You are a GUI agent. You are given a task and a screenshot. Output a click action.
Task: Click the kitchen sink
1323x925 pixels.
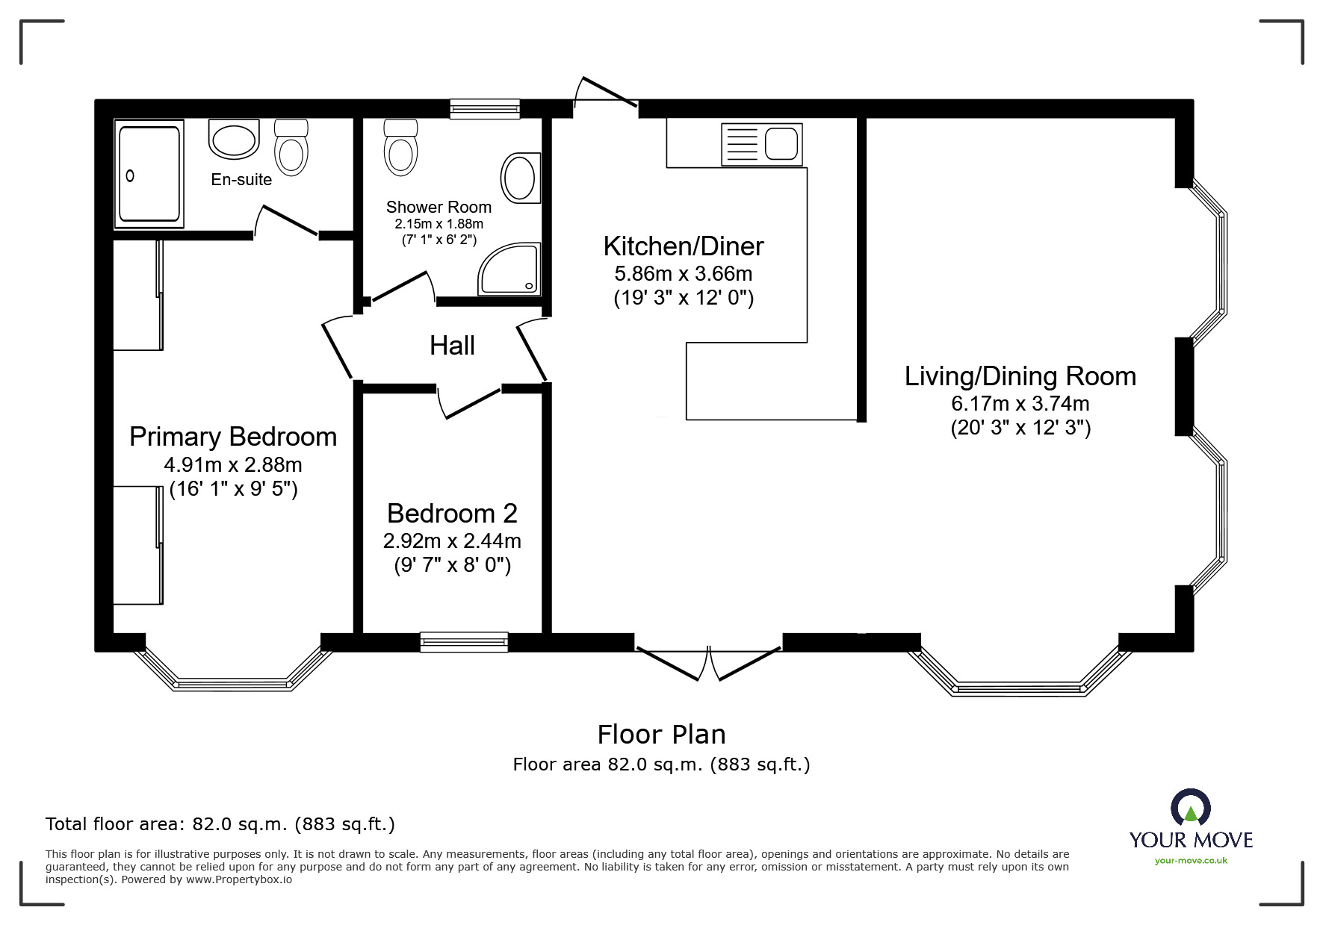[x=761, y=144]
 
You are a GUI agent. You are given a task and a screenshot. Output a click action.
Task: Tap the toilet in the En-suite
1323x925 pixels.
[x=291, y=148]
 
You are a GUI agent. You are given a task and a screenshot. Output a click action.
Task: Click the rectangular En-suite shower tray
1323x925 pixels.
[x=149, y=174]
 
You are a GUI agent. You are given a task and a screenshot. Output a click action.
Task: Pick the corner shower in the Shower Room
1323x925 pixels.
[x=509, y=269]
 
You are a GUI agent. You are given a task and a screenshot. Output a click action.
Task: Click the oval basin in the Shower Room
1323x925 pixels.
[x=520, y=178]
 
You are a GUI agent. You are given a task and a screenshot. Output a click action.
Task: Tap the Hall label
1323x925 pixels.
[x=452, y=346]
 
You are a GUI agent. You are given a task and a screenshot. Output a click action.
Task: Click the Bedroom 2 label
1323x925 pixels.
[x=452, y=514]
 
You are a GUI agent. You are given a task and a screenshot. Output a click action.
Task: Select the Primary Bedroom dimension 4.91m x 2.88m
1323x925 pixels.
[x=233, y=465]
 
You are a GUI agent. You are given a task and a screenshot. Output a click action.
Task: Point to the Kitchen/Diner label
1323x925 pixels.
[x=684, y=246]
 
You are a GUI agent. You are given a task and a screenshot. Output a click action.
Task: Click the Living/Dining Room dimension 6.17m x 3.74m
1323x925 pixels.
[x=1020, y=404]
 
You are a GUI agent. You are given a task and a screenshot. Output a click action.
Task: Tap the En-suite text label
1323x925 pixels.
[x=241, y=179]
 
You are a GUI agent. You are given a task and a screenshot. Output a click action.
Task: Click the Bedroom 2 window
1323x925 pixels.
[x=464, y=642]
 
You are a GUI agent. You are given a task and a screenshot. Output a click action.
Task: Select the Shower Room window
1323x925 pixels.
[x=484, y=109]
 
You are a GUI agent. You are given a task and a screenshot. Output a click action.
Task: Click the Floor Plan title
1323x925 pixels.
[x=661, y=735]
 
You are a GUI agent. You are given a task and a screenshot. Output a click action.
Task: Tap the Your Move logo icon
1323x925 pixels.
[x=1190, y=808]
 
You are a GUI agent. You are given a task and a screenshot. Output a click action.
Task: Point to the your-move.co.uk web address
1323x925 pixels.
[x=1191, y=861]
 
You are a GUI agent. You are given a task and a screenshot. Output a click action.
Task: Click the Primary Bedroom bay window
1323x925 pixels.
[x=232, y=669]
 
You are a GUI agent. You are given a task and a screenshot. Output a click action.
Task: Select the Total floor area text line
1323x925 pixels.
[x=220, y=824]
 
